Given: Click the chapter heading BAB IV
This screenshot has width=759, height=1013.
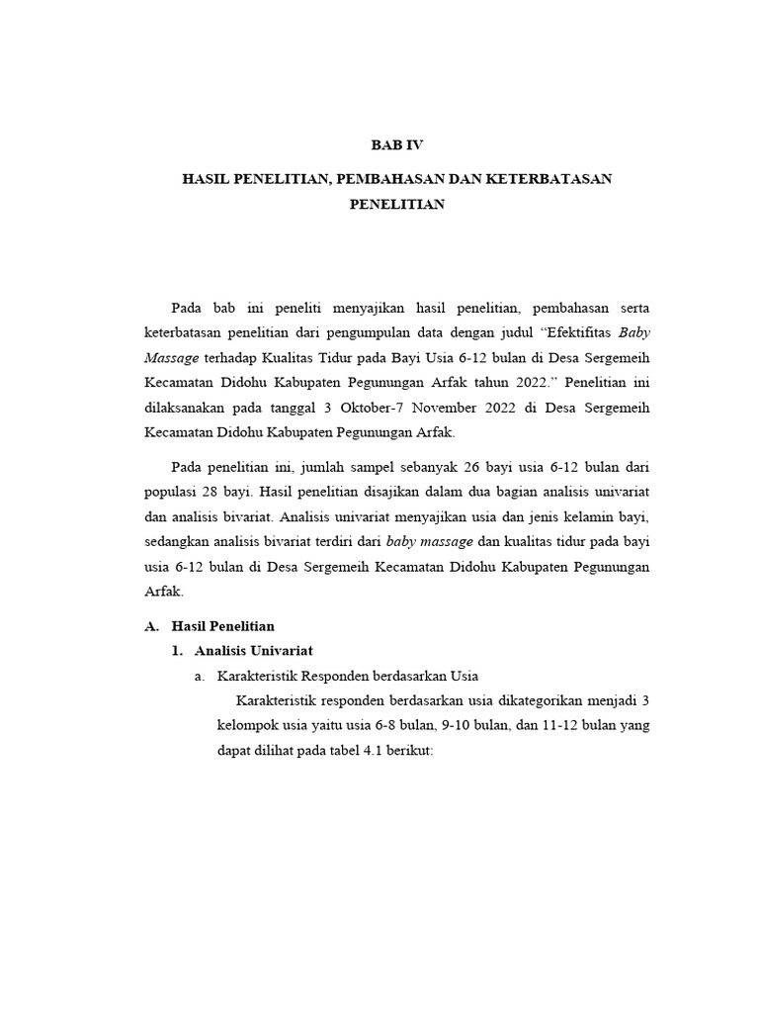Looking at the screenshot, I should click(396, 144).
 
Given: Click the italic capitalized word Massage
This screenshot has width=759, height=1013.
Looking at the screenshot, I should click(171, 357).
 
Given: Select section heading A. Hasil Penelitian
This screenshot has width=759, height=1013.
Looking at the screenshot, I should click(210, 626).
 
